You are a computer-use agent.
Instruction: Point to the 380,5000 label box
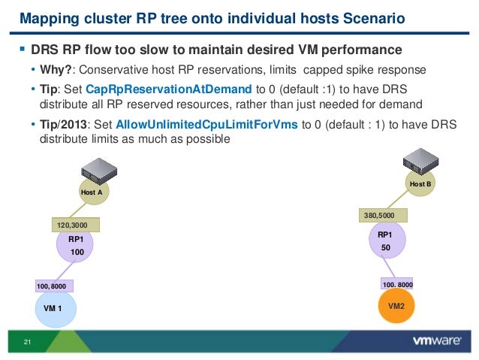click(384, 215)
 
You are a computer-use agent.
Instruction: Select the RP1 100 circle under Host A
click(75, 247)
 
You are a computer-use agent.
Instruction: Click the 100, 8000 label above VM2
click(397, 285)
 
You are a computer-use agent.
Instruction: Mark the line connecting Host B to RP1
click(398, 199)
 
